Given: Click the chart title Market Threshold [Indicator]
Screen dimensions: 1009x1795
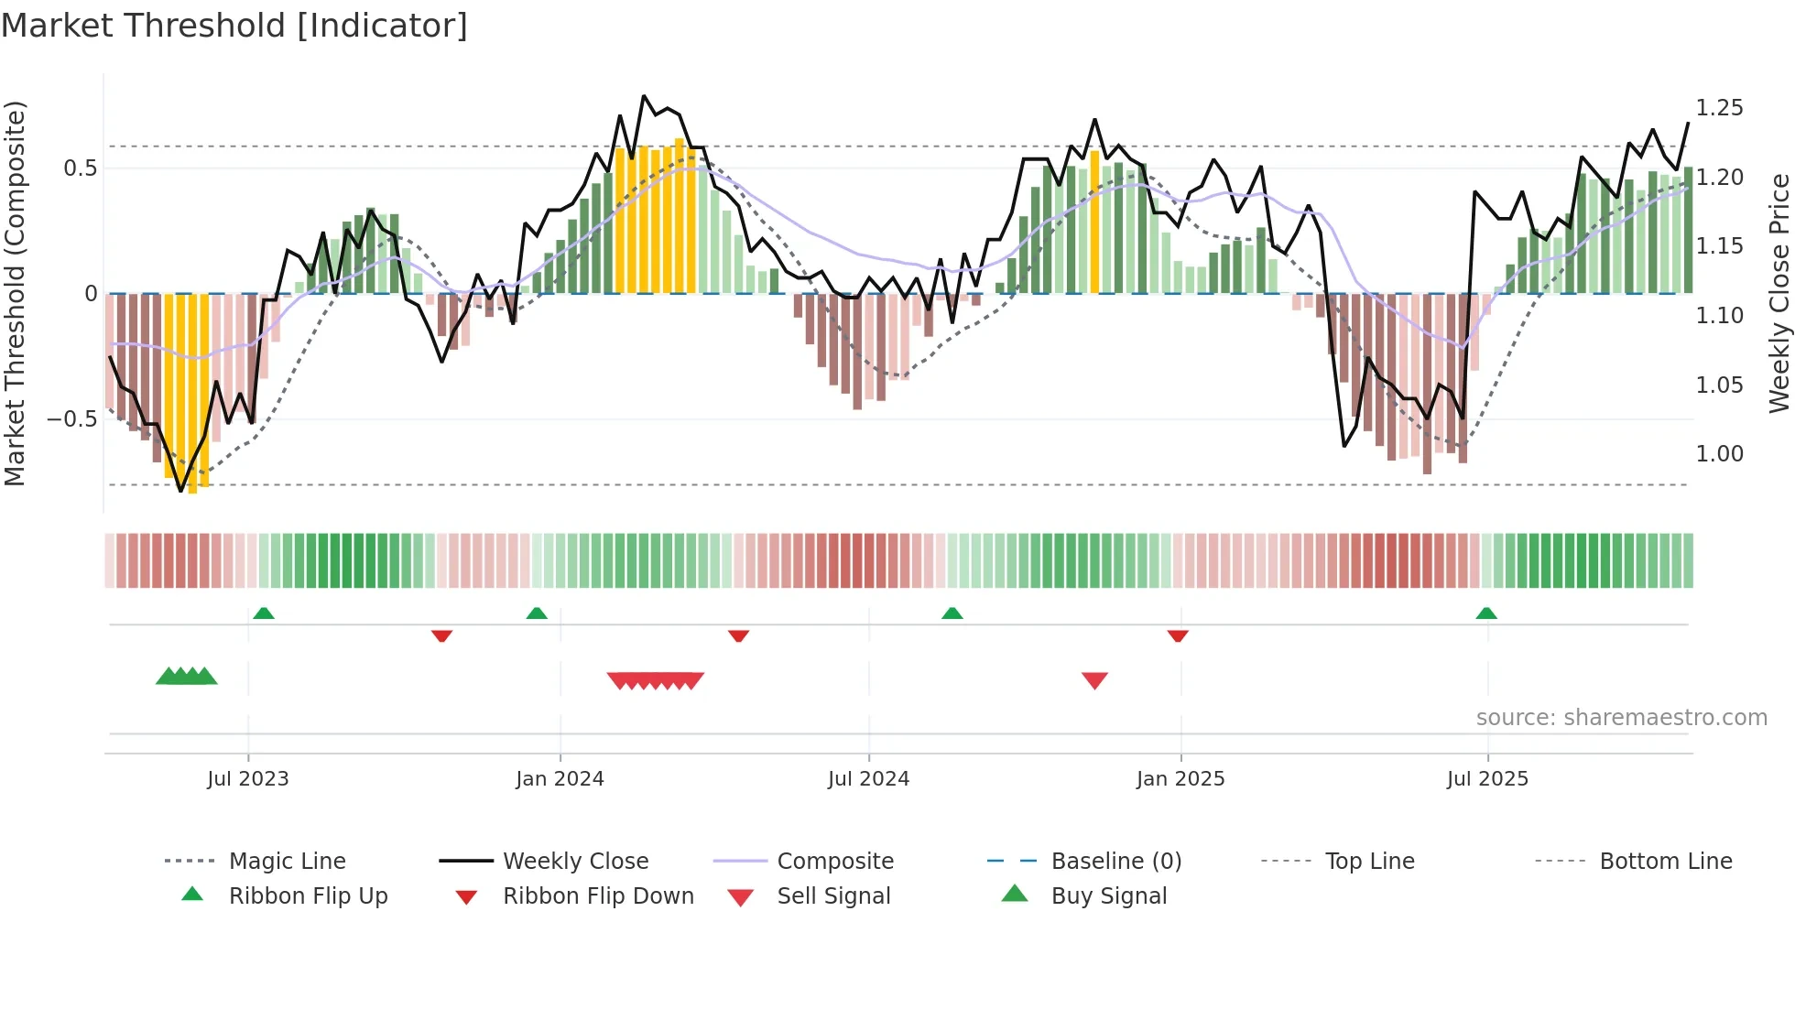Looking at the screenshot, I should tap(234, 26).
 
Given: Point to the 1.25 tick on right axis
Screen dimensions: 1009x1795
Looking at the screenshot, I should tap(1719, 108).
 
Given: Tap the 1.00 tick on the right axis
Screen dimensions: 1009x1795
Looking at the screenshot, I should tap(1719, 454).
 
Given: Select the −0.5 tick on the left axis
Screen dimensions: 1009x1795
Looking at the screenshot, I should tap(72, 419).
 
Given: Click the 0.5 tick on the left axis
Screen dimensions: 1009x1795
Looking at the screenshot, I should tap(80, 168).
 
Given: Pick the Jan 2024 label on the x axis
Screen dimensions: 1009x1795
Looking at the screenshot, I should tap(560, 779).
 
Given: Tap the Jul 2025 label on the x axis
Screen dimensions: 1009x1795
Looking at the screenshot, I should tap(1487, 779).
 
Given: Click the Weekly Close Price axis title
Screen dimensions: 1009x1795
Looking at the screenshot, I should tap(1779, 293).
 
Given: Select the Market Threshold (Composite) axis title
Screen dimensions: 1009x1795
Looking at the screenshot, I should tap(15, 293).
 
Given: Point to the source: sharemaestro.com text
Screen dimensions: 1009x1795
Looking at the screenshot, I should tap(1621, 718).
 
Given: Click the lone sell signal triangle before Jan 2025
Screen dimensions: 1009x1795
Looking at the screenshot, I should tap(1094, 680).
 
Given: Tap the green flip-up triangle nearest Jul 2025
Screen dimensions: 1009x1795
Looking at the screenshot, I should tap(1486, 613).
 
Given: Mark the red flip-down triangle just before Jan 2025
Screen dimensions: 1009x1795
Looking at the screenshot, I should tap(1178, 635).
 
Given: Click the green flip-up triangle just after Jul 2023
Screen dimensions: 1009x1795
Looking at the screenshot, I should tap(264, 613).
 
